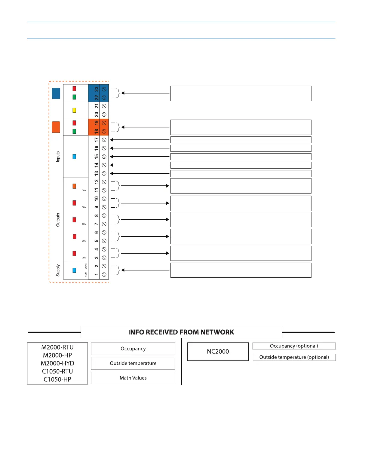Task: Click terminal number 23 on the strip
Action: [x=97, y=89]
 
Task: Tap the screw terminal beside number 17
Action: [x=104, y=140]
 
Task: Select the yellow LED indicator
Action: [x=74, y=110]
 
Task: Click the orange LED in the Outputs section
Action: [x=74, y=186]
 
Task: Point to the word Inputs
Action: [x=58, y=157]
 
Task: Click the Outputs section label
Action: [x=58, y=220]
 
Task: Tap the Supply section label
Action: [x=58, y=270]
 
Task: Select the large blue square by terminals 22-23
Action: [x=56, y=93]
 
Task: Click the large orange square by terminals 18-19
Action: [x=56, y=127]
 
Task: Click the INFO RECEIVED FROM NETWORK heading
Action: [x=181, y=332]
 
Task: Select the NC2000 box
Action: [x=218, y=352]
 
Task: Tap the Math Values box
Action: [x=133, y=378]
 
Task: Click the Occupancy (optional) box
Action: [x=294, y=346]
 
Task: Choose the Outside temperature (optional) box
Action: [x=294, y=357]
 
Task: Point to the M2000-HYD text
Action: [x=57, y=363]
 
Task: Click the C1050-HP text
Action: [x=57, y=379]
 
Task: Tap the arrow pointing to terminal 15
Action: [x=140, y=157]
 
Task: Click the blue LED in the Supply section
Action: [x=74, y=270]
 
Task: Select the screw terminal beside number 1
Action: [x=104, y=274]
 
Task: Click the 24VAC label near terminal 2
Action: [x=86, y=266]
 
